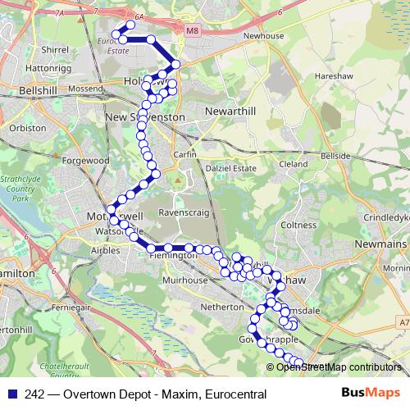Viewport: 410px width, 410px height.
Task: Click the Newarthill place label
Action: pos(232,110)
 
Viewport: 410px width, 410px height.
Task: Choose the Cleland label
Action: pos(293,164)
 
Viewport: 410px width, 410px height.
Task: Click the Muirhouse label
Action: pos(184,280)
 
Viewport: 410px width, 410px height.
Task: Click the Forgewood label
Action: pos(84,162)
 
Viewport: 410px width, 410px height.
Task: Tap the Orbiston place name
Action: pos(27,129)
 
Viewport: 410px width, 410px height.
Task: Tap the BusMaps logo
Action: pos(371,394)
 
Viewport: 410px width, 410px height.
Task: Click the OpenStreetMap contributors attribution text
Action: pos(339,367)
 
